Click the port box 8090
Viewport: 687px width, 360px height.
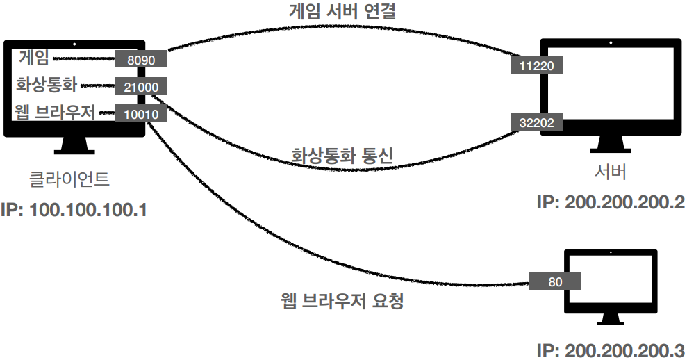[x=141, y=60]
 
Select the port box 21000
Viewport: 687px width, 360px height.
[x=141, y=87]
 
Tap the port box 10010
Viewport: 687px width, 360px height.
[x=141, y=113]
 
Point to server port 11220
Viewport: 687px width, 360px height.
[x=536, y=65]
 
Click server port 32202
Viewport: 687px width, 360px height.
[x=536, y=122]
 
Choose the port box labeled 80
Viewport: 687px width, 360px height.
[x=555, y=281]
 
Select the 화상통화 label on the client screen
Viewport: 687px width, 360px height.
[x=47, y=85]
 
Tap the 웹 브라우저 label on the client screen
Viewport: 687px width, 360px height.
[x=55, y=112]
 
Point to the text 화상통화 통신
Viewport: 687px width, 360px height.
[x=342, y=156]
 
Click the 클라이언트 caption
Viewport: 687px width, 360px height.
[x=69, y=180]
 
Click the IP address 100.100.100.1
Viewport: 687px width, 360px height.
[x=74, y=209]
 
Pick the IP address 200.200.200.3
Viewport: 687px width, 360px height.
[x=611, y=350]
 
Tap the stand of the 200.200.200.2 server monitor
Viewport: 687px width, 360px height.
[x=610, y=143]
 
